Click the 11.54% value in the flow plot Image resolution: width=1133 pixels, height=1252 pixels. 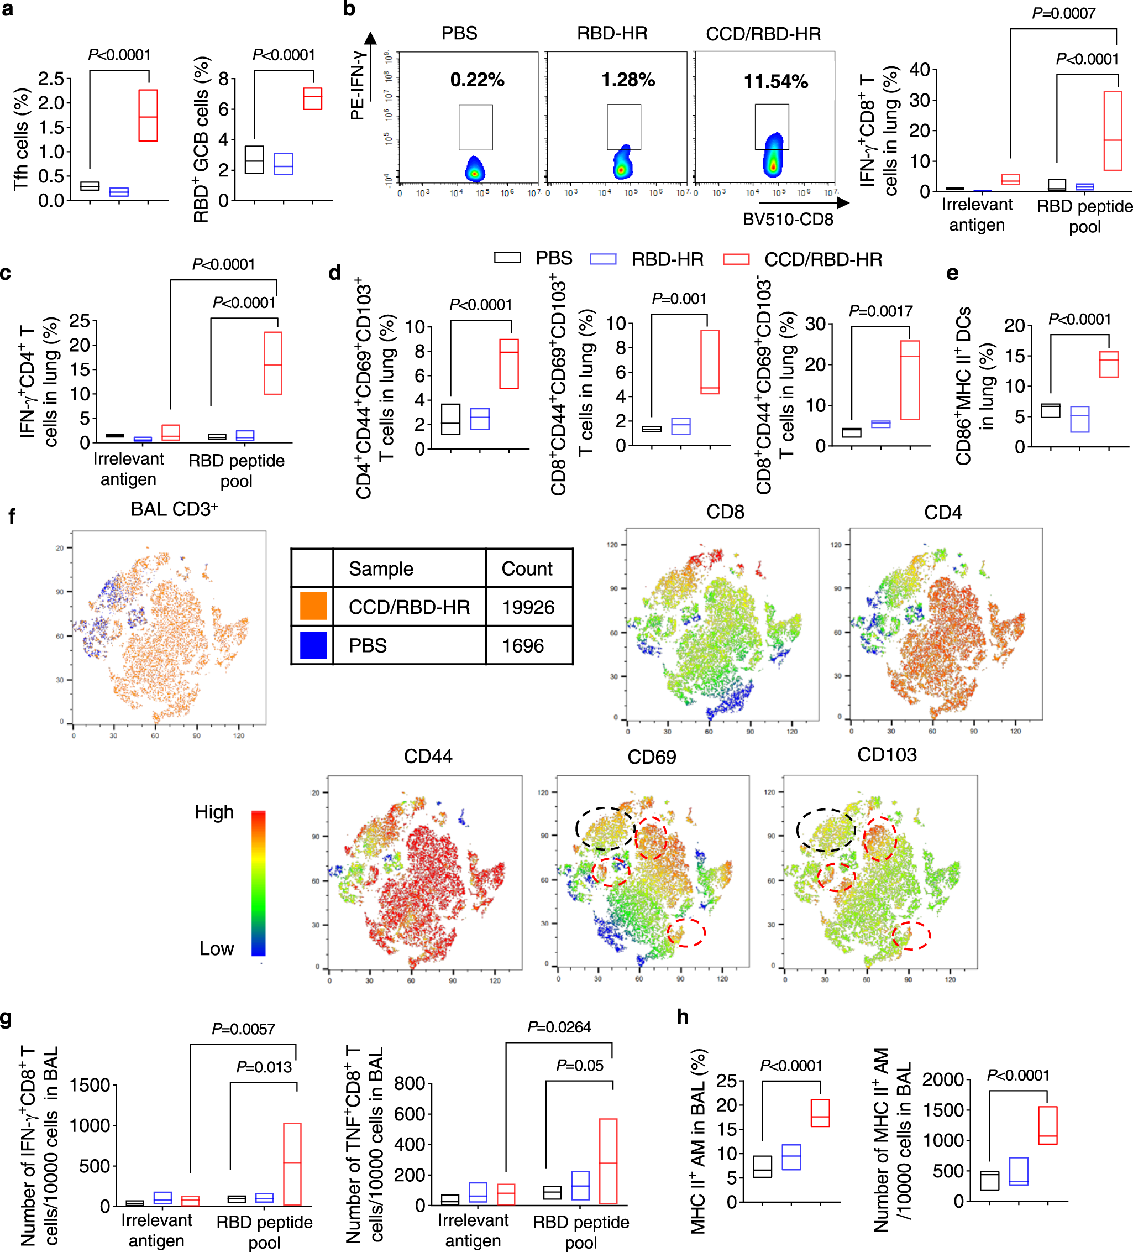775,81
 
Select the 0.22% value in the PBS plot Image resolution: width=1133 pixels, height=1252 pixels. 477,80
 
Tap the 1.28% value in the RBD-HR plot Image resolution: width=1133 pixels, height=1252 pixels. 628,80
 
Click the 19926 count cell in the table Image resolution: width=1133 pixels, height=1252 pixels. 528,607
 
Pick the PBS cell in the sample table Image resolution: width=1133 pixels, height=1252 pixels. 368,645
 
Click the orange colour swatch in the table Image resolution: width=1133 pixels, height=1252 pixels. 313,606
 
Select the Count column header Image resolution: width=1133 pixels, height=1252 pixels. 527,568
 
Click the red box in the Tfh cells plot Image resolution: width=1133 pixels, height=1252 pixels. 148,116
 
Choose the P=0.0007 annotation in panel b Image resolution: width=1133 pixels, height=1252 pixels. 1063,13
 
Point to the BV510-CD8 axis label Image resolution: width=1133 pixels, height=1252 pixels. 787,219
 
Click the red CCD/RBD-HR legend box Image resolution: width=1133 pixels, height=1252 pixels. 736,259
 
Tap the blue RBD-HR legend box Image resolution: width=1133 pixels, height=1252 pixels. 602,259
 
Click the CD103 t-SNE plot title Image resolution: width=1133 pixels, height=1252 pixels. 887,754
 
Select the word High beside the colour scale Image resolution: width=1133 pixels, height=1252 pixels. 214,812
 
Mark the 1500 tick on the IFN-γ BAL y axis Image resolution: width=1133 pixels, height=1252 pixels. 90,1085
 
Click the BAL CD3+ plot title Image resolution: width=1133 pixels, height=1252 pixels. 174,509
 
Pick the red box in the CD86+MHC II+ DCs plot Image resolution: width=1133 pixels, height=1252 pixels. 1108,364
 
